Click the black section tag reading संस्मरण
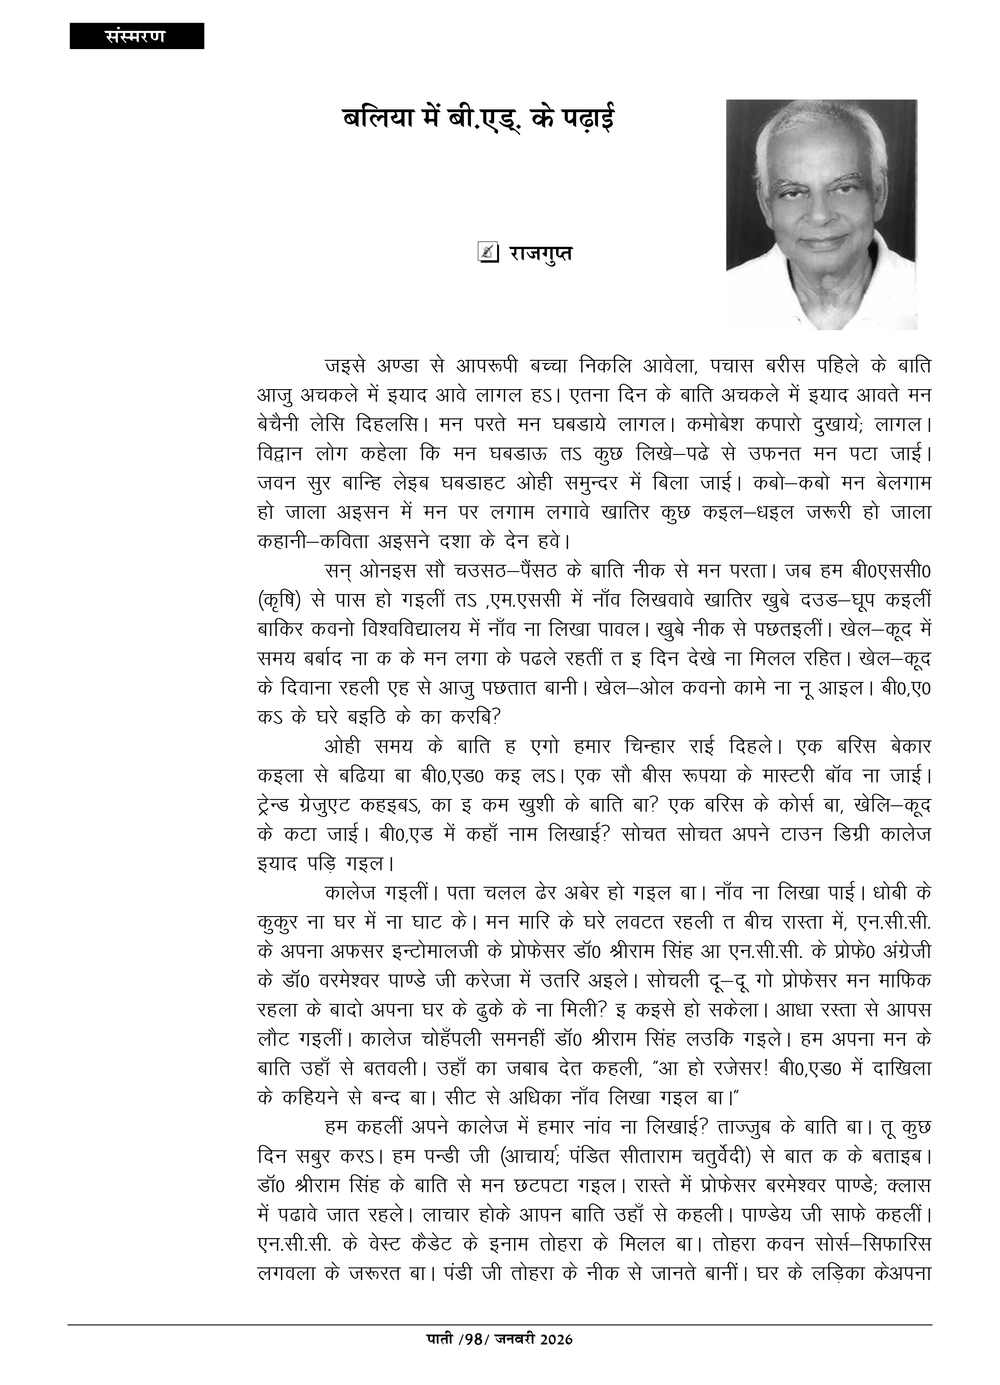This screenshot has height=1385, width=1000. (136, 36)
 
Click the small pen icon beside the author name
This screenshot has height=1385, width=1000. (487, 252)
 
